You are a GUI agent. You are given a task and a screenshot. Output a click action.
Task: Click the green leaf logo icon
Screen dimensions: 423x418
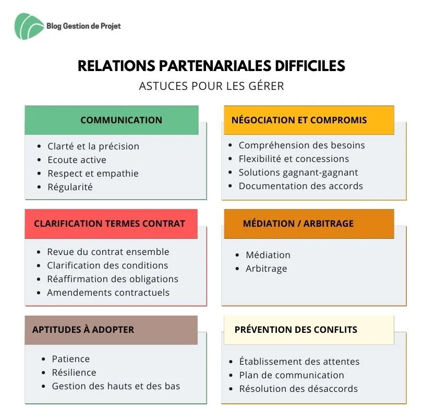[x=28, y=27]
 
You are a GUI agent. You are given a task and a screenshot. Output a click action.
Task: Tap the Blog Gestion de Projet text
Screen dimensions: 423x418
[x=83, y=26]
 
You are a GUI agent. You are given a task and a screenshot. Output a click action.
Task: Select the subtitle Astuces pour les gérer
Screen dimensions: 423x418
[x=212, y=86]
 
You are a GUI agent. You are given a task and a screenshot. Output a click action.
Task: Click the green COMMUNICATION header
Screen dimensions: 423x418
[x=122, y=120]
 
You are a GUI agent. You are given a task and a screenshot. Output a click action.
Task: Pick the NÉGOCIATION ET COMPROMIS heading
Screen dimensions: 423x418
[x=299, y=120]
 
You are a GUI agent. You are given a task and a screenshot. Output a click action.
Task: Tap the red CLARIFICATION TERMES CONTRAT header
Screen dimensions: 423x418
[x=110, y=224]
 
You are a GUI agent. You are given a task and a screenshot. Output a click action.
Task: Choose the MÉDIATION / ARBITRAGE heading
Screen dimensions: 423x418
[x=298, y=224]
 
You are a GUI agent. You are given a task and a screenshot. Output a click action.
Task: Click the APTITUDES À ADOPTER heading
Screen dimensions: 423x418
[x=83, y=330]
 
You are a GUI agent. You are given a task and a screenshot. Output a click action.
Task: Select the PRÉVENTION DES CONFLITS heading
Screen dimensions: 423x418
[x=296, y=330]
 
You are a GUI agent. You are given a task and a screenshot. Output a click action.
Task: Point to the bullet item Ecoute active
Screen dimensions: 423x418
[x=77, y=160]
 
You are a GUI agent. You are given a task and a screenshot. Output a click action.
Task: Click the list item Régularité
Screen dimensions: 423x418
[x=70, y=187]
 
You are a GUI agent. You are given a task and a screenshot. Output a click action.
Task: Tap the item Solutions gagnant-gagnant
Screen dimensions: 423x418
[x=298, y=172]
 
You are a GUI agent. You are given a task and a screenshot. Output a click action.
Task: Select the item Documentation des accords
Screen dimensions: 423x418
[x=301, y=186]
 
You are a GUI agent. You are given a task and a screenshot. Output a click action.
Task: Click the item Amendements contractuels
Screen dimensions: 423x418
[x=108, y=293]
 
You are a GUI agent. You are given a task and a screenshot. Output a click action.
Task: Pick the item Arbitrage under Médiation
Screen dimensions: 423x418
[x=266, y=269]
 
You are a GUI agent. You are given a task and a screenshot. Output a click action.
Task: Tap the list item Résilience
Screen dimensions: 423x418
[x=74, y=373]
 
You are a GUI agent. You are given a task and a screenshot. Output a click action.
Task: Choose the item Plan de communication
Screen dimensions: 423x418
[x=292, y=375]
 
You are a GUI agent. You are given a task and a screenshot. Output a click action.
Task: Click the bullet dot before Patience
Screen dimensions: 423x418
[x=44, y=359]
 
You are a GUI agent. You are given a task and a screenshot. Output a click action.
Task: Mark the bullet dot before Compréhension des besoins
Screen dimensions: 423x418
[x=230, y=145]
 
